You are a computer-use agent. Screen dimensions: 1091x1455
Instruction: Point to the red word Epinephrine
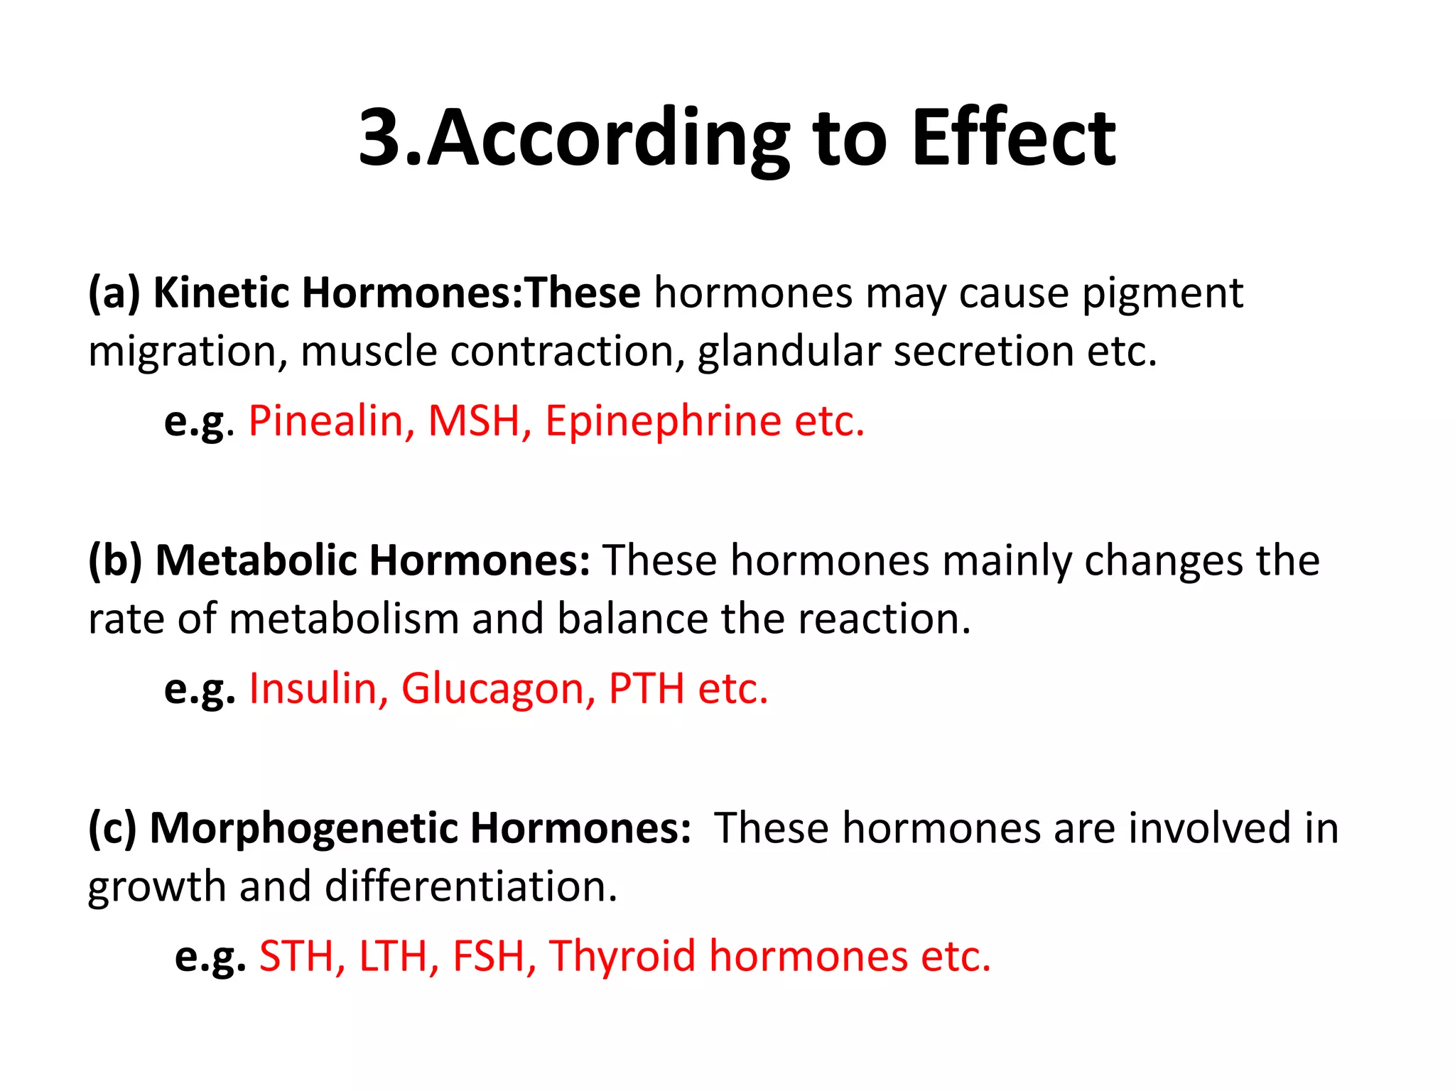point(663,422)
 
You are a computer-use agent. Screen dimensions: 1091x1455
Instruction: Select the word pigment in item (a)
point(1162,293)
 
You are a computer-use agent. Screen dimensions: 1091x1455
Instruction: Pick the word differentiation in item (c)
point(471,886)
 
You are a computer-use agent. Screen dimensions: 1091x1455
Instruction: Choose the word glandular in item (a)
point(789,352)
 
